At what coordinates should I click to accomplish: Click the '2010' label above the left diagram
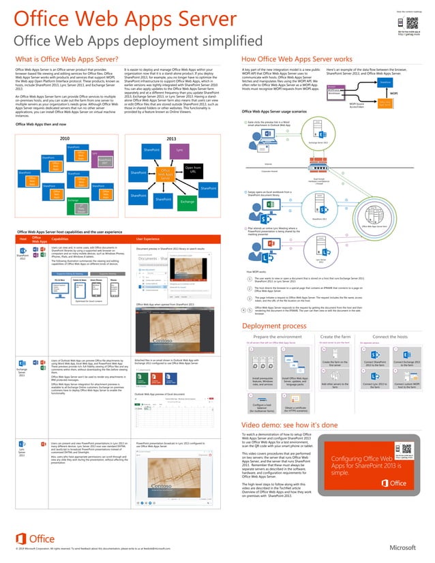click(65, 137)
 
